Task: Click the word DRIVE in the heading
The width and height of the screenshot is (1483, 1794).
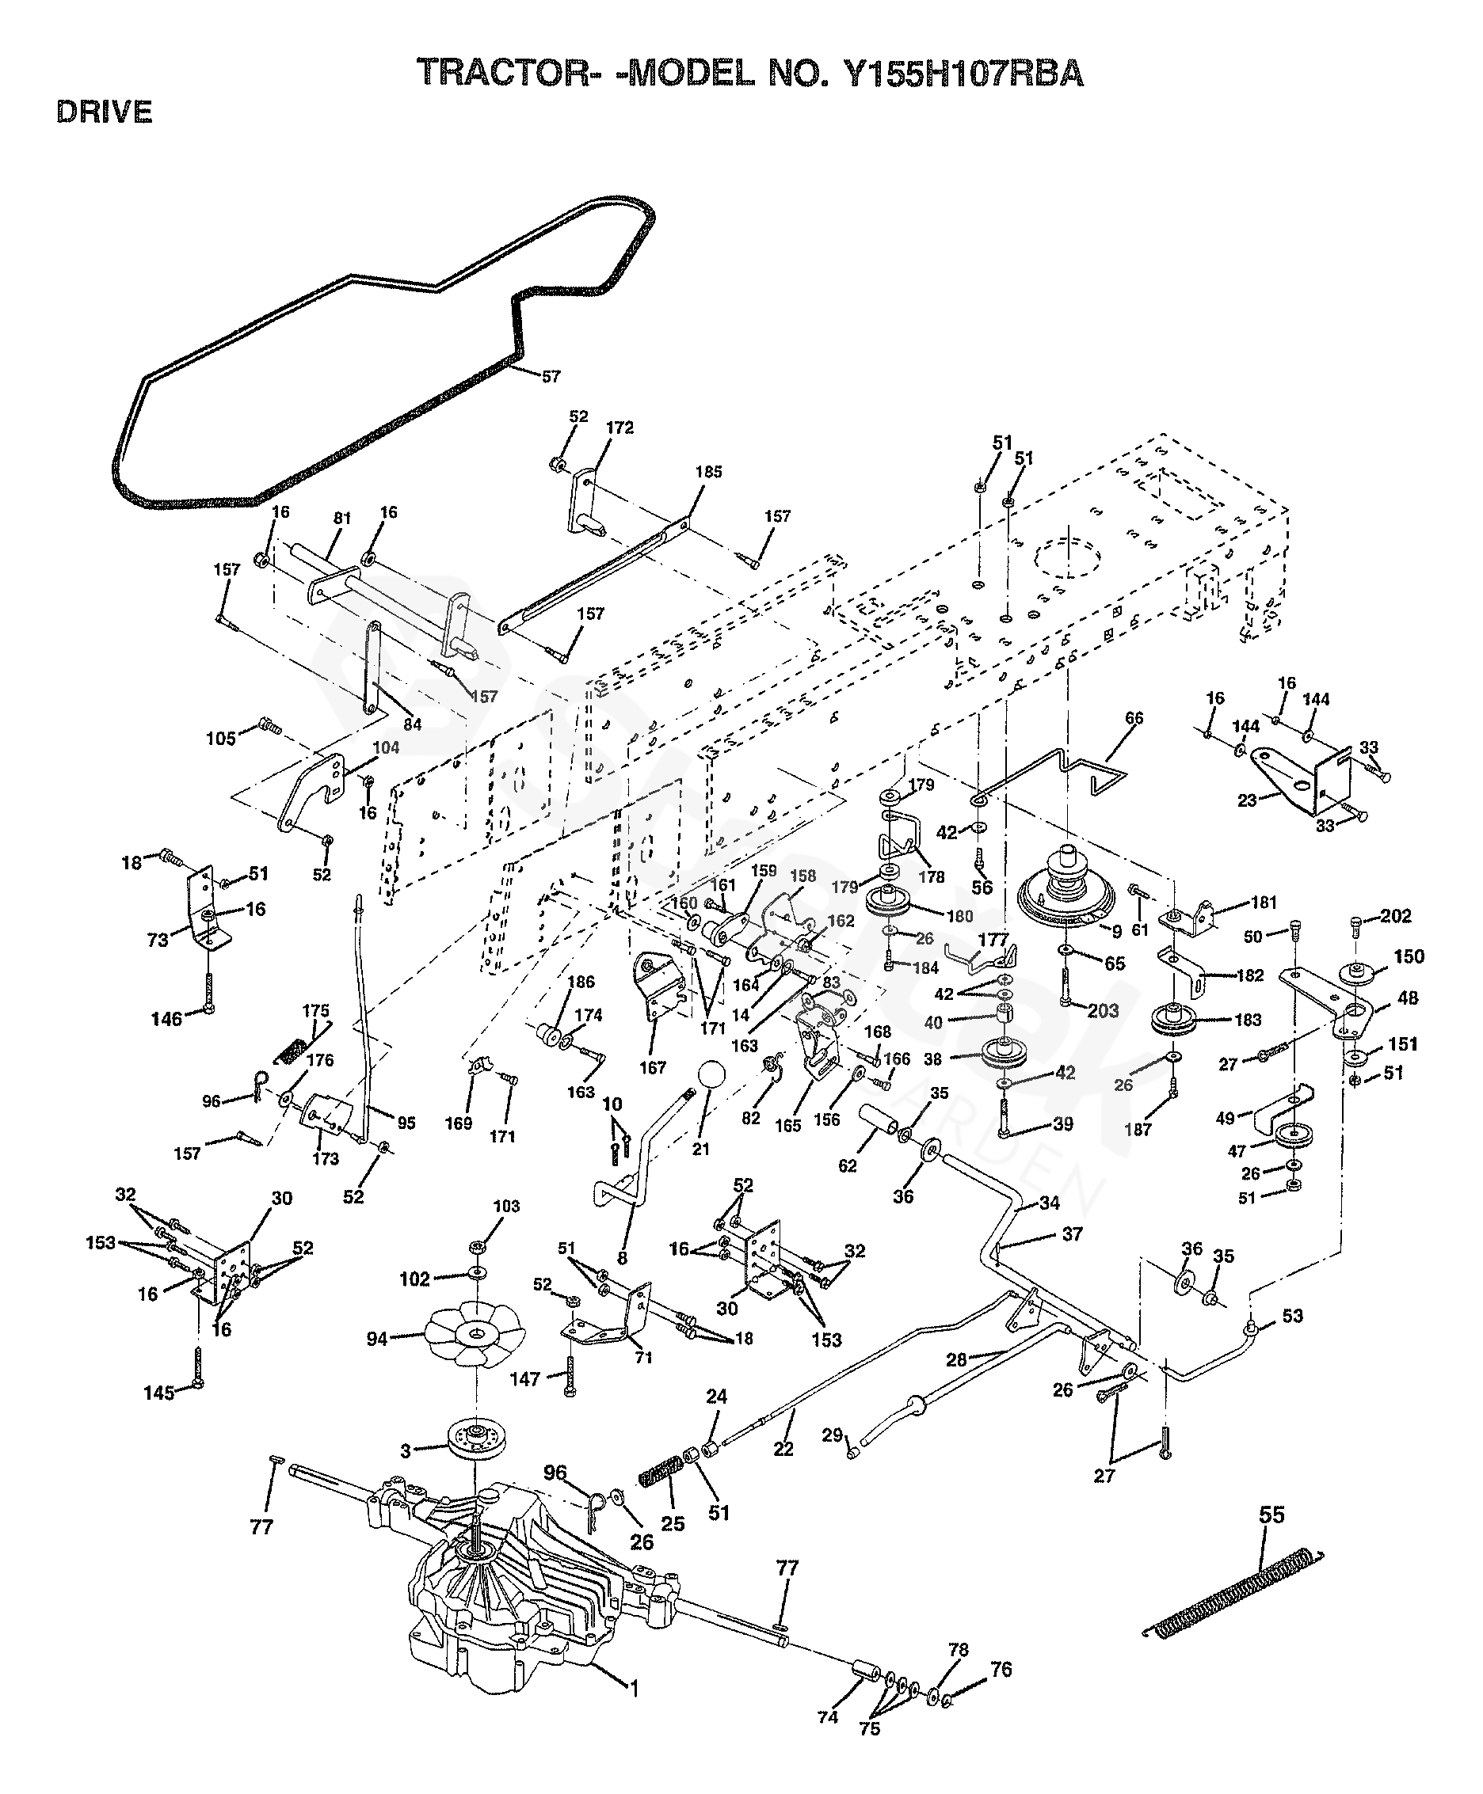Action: (105, 112)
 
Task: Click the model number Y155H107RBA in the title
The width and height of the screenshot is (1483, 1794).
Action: (963, 74)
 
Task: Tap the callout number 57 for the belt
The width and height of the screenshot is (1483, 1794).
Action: (551, 377)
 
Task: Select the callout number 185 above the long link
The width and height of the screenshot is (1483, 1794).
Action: (708, 472)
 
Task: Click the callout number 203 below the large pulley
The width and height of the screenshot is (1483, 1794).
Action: (1103, 1011)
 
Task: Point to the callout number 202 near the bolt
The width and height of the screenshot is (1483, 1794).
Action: (1396, 916)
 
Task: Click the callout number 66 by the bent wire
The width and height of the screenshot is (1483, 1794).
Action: (1134, 718)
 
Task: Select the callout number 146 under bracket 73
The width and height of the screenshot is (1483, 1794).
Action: (166, 1019)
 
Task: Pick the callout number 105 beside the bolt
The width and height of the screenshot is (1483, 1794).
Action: (220, 738)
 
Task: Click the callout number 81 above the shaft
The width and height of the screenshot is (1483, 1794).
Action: (341, 519)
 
